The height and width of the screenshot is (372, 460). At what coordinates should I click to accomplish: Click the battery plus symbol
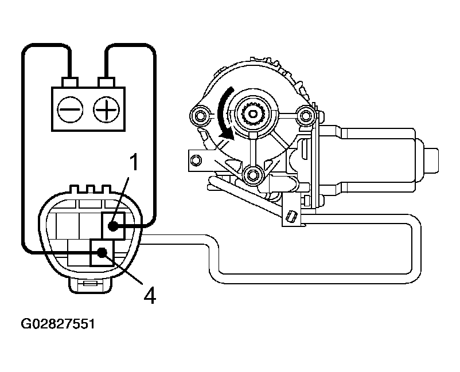[106, 108]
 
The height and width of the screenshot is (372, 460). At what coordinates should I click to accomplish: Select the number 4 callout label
[149, 296]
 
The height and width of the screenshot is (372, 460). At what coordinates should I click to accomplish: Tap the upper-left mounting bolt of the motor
[200, 116]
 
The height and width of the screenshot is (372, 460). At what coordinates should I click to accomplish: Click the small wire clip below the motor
[291, 216]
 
